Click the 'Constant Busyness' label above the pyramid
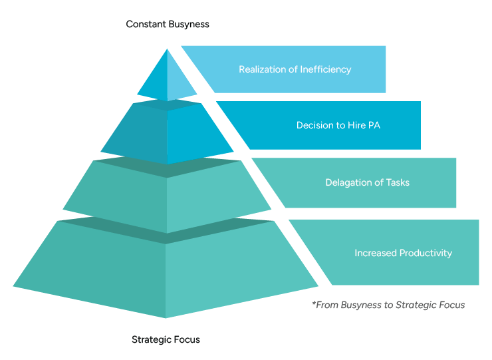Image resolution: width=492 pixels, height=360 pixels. [168, 25]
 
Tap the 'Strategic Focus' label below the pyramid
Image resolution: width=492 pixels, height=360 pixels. [166, 339]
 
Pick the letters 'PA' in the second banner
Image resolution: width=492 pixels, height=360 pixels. [374, 125]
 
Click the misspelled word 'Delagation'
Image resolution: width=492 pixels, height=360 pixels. [349, 182]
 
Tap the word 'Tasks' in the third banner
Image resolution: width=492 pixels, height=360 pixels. [397, 182]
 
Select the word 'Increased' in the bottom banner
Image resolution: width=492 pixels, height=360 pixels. [374, 253]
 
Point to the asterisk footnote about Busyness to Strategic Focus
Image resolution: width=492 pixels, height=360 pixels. [388, 305]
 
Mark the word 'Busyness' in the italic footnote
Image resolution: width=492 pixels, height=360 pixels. [360, 305]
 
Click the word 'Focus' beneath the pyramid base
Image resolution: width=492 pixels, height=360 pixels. [186, 339]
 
